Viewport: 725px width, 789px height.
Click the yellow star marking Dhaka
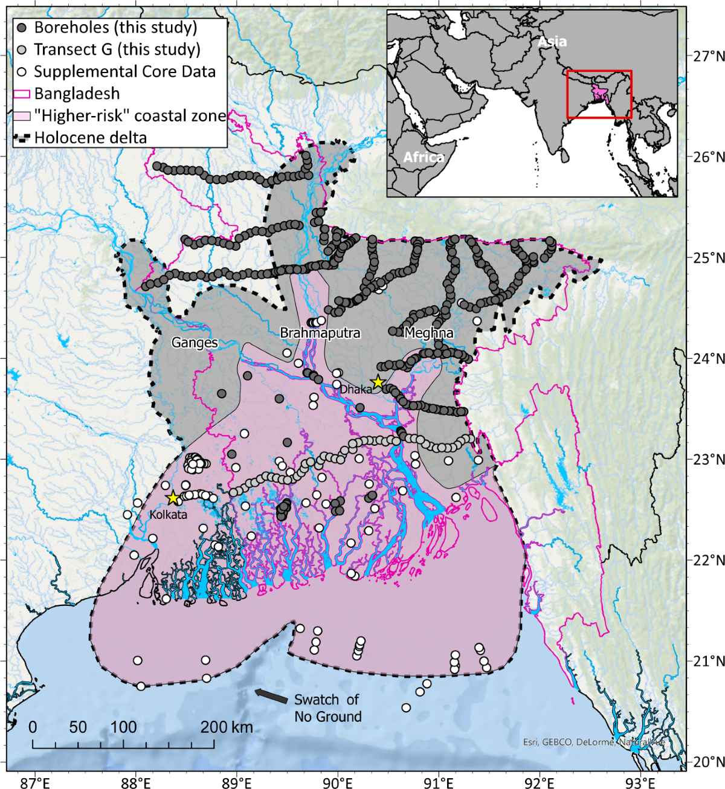(x=378, y=382)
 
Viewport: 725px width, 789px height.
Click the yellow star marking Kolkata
(x=173, y=498)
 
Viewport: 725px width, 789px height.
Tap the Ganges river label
(x=195, y=343)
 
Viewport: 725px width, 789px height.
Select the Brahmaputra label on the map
(x=320, y=333)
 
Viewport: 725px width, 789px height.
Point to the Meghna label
(x=428, y=333)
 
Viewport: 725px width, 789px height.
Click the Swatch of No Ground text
(x=328, y=708)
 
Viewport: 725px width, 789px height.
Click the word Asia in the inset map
(x=552, y=41)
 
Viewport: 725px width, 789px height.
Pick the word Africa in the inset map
(x=424, y=157)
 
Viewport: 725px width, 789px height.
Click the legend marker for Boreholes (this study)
(x=22, y=28)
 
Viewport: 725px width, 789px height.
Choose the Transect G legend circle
(x=22, y=50)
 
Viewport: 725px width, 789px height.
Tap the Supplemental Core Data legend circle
(x=22, y=71)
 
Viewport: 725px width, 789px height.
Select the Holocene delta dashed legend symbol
(x=22, y=138)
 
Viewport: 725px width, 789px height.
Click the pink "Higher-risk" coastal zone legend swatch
(x=22, y=115)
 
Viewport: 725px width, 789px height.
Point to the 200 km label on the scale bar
(x=227, y=727)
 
